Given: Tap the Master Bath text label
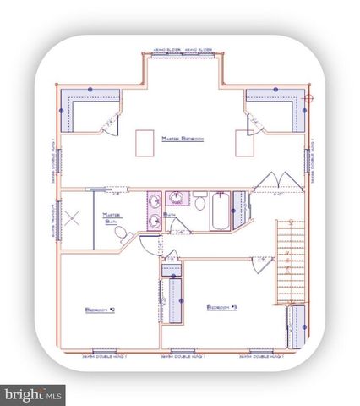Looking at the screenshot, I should click(112, 218).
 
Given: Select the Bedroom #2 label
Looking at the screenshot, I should click(100, 310).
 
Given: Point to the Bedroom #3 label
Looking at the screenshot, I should click(221, 307).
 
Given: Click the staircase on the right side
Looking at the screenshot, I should click(290, 259).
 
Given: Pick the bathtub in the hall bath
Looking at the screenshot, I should click(217, 212).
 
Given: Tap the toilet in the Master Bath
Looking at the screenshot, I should click(120, 233).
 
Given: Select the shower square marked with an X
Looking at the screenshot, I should click(74, 217).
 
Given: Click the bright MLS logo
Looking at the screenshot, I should click(34, 393).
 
